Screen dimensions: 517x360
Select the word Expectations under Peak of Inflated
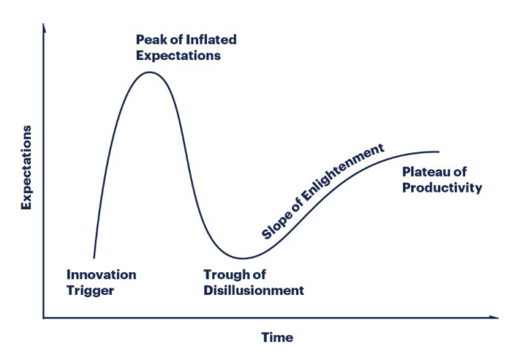(x=178, y=56)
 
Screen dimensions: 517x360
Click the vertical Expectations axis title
(x=27, y=168)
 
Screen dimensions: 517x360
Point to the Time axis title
(x=277, y=338)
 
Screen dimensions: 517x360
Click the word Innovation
(x=101, y=274)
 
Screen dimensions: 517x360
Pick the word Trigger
(x=90, y=291)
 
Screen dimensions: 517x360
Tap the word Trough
(x=226, y=274)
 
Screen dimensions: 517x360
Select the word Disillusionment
(x=254, y=291)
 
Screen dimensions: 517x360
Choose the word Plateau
(x=424, y=171)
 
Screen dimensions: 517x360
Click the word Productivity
(x=442, y=188)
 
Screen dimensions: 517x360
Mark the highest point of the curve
(x=149, y=72)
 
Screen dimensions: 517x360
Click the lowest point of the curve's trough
(x=243, y=259)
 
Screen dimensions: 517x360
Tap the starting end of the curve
(x=94, y=258)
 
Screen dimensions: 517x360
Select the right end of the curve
(x=439, y=152)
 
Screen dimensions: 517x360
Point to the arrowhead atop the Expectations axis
(x=44, y=27)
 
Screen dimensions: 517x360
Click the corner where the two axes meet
(x=44, y=318)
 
